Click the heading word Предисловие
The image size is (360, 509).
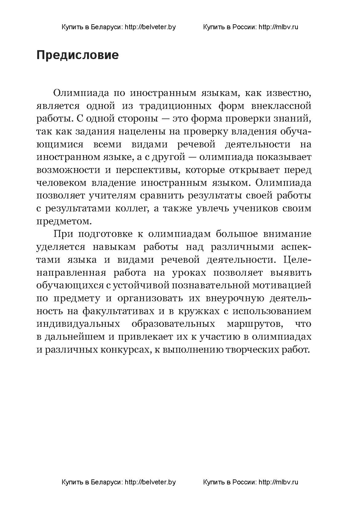point(78,55)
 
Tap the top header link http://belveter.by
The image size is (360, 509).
point(150,27)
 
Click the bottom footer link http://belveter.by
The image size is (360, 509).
point(150,482)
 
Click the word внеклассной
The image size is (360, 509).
point(281,106)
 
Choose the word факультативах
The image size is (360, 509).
point(118,311)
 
